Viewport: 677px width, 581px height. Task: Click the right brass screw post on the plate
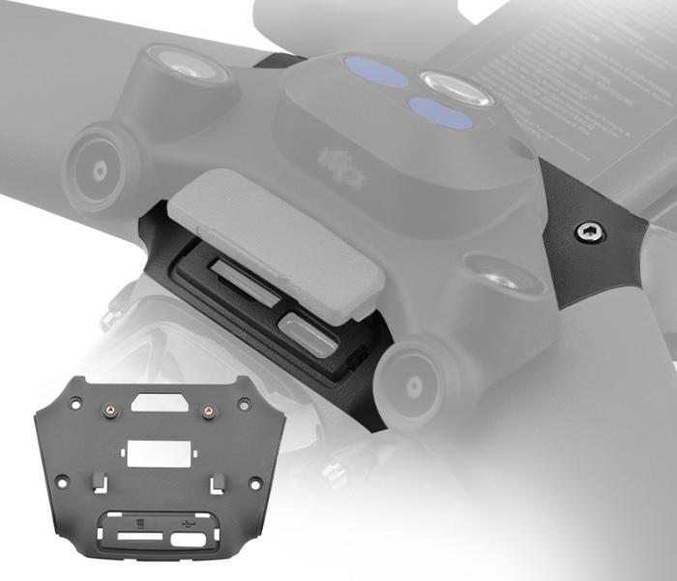[x=206, y=410]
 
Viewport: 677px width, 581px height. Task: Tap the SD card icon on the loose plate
[x=141, y=524]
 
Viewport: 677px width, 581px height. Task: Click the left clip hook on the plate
[x=100, y=479]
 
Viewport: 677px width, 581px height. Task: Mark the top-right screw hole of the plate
[x=244, y=402]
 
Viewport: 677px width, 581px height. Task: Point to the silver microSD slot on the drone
[x=229, y=272]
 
